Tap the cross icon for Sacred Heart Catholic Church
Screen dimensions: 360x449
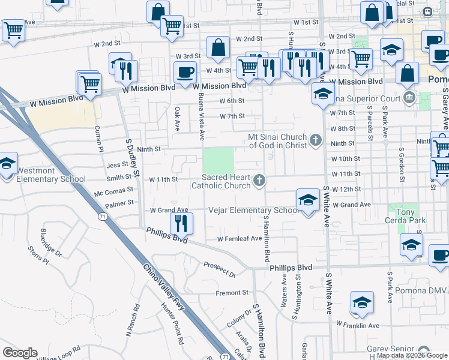259,180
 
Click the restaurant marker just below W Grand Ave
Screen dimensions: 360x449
180,224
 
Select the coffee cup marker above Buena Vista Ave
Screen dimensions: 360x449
184,73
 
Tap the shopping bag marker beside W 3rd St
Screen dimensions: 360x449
218,48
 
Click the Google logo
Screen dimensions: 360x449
20,353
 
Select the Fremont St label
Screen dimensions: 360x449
232,293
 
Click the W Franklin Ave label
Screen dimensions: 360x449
358,325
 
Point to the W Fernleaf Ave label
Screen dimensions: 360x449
240,238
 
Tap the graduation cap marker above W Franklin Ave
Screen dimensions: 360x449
362,303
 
